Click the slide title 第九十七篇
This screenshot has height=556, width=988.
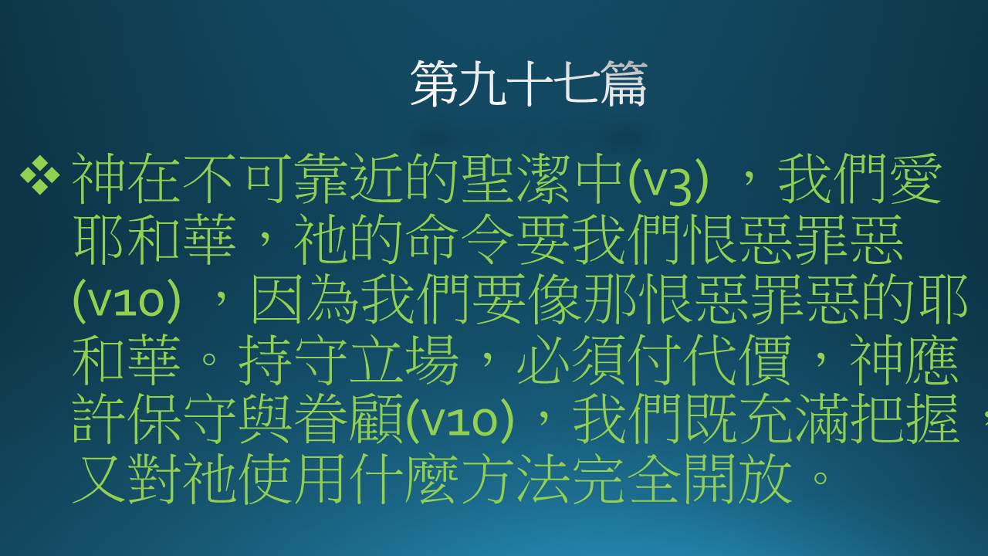pyautogui.click(x=529, y=83)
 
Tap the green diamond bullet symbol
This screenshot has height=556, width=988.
pyautogui.click(x=39, y=175)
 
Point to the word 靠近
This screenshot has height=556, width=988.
pyautogui.click(x=348, y=178)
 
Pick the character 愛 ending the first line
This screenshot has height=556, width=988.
pyautogui.click(x=915, y=178)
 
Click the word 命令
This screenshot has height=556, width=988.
pyautogui.click(x=459, y=239)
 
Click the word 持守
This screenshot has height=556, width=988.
pyautogui.click(x=293, y=360)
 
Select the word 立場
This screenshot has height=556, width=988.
pyautogui.click(x=404, y=360)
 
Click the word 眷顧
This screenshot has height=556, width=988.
pyautogui.click(x=348, y=419)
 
